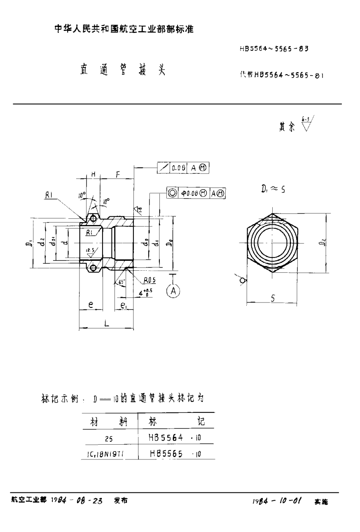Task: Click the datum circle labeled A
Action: tap(173, 291)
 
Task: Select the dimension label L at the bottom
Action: tap(106, 323)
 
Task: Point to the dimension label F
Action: tap(118, 174)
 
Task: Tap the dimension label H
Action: tap(93, 175)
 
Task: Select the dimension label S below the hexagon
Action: tap(273, 300)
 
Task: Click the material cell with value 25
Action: tap(108, 439)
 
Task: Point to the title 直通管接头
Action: tap(122, 70)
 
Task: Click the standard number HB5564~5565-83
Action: tap(274, 48)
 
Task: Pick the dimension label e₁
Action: tap(124, 305)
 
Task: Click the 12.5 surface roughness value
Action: tap(89, 250)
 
